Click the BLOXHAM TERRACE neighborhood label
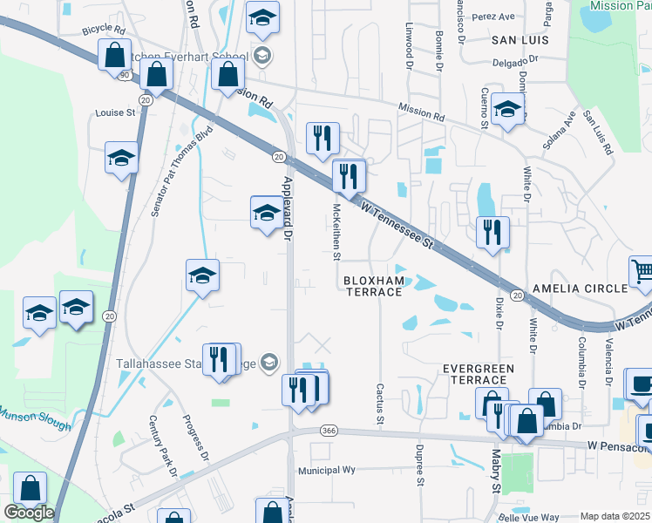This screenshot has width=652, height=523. tap(372, 286)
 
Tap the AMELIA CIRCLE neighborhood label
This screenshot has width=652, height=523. tap(581, 289)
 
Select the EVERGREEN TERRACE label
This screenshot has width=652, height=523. tap(479, 375)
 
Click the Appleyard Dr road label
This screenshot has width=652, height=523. tap(288, 207)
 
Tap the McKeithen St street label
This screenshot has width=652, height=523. tap(336, 231)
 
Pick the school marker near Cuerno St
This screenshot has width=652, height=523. tap(506, 109)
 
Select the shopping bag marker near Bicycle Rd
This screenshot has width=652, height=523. tap(114, 56)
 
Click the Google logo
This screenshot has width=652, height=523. tap(29, 513)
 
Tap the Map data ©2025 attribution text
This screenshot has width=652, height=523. tap(615, 516)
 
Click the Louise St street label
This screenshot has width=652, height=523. tap(116, 112)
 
